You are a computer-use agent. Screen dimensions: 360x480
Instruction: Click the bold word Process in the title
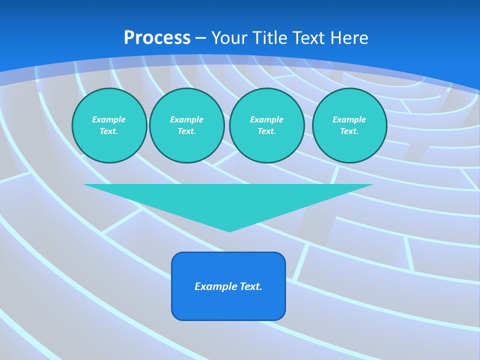157,38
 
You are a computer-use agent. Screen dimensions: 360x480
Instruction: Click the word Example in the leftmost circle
109,119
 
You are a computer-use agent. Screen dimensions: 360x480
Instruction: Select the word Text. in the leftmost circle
109,131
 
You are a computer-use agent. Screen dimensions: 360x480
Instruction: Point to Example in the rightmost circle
349,119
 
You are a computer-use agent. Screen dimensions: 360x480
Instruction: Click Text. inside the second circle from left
186,131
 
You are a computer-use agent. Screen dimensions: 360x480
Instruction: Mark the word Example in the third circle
266,119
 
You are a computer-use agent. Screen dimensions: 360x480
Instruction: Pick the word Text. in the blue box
251,286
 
